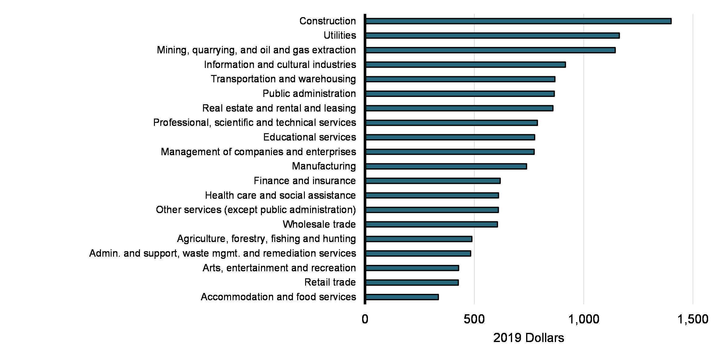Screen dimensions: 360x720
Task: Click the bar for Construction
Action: click(x=518, y=21)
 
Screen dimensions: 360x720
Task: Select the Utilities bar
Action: click(x=492, y=36)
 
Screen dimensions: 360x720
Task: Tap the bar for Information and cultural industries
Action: click(x=465, y=65)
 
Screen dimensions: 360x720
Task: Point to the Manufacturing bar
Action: click(x=446, y=166)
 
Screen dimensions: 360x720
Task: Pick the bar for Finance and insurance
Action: click(x=433, y=181)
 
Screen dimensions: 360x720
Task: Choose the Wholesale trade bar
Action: click(x=431, y=225)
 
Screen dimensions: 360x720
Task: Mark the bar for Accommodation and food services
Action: click(x=402, y=297)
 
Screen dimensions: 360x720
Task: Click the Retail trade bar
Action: click(x=412, y=283)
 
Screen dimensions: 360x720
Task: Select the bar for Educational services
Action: click(x=450, y=137)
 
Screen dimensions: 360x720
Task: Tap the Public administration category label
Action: click(x=309, y=94)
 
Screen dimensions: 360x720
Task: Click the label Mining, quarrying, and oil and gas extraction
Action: click(x=256, y=50)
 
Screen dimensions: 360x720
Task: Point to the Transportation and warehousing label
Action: click(x=283, y=79)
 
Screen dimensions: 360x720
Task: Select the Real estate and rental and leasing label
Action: click(x=279, y=108)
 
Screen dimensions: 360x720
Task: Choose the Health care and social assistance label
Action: click(x=280, y=195)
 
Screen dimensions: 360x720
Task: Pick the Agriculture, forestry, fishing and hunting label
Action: click(x=266, y=239)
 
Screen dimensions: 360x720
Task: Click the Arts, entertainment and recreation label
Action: click(x=279, y=268)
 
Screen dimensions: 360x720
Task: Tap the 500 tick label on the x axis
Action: click(x=474, y=319)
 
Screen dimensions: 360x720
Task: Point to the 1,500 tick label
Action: click(x=693, y=319)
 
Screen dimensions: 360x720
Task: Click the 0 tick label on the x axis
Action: click(x=365, y=319)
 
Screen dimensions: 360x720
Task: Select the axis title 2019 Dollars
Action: click(x=529, y=338)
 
